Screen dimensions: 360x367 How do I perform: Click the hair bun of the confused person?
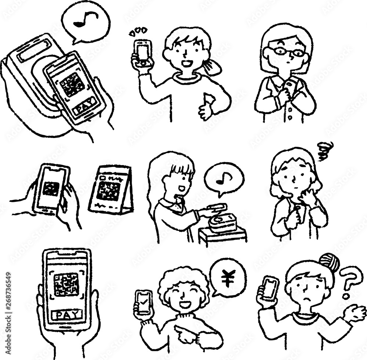tap(329, 261)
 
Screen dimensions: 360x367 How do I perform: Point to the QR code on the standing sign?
tap(109, 191)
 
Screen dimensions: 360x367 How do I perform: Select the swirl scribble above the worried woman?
tap(324, 151)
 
